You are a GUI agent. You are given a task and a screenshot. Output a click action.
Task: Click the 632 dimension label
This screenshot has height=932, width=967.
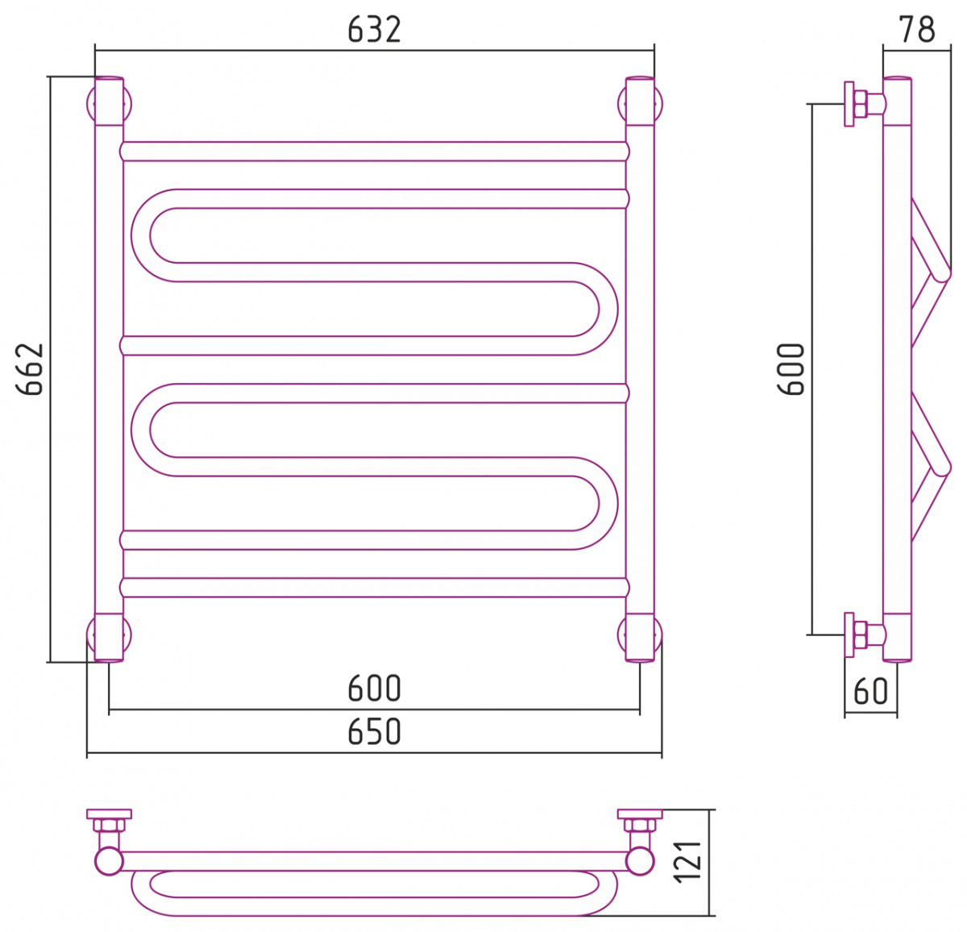coord(374,30)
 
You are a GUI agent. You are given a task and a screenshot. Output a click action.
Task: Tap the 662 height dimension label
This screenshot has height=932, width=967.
coord(30,369)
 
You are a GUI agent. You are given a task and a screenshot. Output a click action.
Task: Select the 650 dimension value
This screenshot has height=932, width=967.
coord(374,731)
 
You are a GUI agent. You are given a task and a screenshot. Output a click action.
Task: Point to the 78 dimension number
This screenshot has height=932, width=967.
coord(917,29)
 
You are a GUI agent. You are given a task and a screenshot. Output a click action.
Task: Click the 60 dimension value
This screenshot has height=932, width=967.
coord(870,691)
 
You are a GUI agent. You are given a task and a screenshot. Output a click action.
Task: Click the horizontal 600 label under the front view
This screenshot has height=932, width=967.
coord(374,689)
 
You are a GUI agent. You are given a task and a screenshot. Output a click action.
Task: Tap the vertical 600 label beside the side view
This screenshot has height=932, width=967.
coord(791,369)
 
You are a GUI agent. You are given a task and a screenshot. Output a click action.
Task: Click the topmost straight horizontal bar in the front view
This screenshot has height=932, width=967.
coord(374,151)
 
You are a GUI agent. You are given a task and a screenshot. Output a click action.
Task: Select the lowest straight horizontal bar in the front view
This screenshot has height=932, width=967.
coord(374,588)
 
